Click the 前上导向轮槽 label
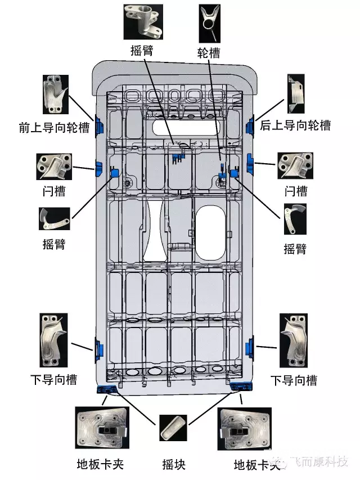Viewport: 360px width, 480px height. pos(54,128)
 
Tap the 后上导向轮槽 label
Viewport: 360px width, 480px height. pos(295,125)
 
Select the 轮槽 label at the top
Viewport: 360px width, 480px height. pos(208,53)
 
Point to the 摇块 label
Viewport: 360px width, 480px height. pos(174,464)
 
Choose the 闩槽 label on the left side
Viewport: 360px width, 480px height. pos(54,191)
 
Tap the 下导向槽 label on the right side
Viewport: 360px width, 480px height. pos(294,380)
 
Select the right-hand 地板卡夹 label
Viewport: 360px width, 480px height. pos(256,465)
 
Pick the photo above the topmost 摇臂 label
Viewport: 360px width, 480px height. pos(143,21)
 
